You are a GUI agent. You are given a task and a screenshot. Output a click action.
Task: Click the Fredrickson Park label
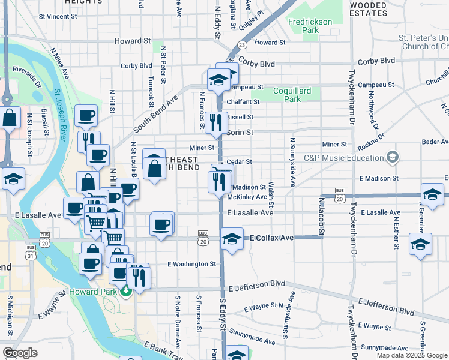tap(309, 25)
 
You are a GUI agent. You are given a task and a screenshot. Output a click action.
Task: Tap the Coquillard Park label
tap(292, 95)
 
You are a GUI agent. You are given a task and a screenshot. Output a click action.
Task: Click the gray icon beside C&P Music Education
tap(393, 158)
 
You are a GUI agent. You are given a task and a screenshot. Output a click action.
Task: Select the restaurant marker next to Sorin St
tap(216, 123)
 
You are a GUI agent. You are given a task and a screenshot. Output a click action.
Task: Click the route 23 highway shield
tap(241, 44)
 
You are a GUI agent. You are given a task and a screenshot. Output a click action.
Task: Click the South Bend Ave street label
tap(155, 113)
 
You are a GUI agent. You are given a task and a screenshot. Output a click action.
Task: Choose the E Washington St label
tap(191, 263)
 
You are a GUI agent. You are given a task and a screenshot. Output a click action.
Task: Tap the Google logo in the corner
tap(20, 353)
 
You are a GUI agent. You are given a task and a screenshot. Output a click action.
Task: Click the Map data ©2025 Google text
tap(411, 355)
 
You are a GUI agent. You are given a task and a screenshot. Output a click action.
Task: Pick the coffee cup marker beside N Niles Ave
tap(86, 115)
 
